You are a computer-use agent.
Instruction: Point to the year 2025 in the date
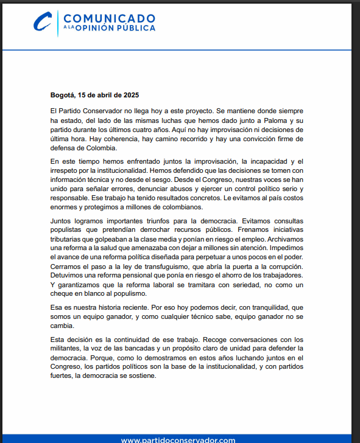(131, 95)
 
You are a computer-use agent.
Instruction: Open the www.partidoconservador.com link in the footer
(178, 439)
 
